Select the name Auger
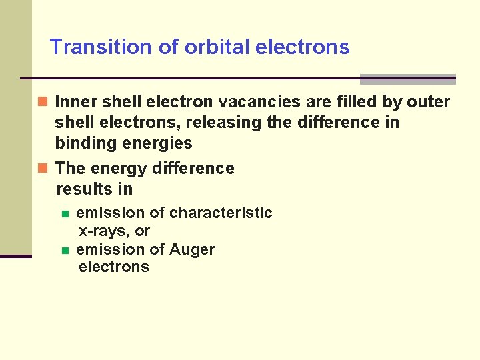(192, 250)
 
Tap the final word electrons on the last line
(113, 267)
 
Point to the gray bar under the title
(407, 79)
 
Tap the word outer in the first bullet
(428, 102)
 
